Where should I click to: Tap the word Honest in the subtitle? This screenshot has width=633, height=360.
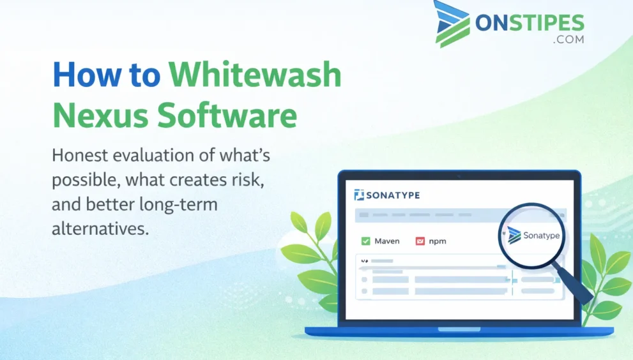pyautogui.click(x=82, y=155)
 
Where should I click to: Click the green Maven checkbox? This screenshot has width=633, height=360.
pyautogui.click(x=366, y=241)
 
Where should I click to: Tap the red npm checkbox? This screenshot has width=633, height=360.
pyautogui.click(x=420, y=241)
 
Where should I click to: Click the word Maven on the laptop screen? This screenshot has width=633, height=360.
pyautogui.click(x=387, y=241)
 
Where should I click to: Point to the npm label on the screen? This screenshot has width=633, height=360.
pyautogui.click(x=438, y=241)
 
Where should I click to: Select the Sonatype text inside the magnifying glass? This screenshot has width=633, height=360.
pyautogui.click(x=540, y=236)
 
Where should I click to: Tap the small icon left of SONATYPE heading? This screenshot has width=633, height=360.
pyautogui.click(x=358, y=195)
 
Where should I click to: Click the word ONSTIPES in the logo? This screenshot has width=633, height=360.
pyautogui.click(x=530, y=23)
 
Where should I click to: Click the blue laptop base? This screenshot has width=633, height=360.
pyautogui.click(x=459, y=331)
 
